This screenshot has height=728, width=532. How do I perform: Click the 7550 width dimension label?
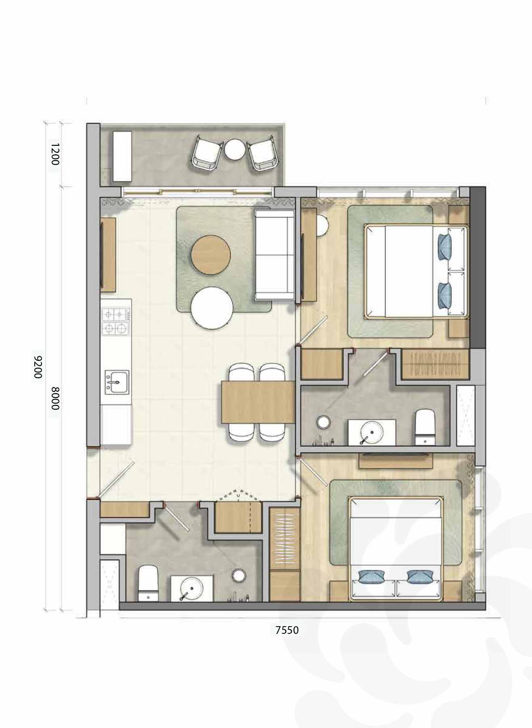pyautogui.click(x=287, y=630)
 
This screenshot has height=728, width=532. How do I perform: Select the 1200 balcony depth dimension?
pyautogui.click(x=55, y=154)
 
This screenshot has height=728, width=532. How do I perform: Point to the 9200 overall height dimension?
pyautogui.click(x=38, y=367)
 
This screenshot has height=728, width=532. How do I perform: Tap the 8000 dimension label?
pyautogui.click(x=55, y=398)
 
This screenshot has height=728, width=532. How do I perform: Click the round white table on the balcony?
pyautogui.click(x=235, y=149)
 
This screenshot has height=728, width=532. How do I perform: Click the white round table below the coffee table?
pyautogui.click(x=212, y=307)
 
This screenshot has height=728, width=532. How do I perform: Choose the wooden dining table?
pyautogui.click(x=258, y=402)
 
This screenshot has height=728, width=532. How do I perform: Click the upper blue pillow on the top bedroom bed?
pyautogui.click(x=445, y=246)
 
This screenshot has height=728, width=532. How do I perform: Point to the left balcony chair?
pyautogui.click(x=206, y=154)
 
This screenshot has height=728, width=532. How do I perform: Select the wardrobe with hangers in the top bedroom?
pyautogui.click(x=435, y=364)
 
